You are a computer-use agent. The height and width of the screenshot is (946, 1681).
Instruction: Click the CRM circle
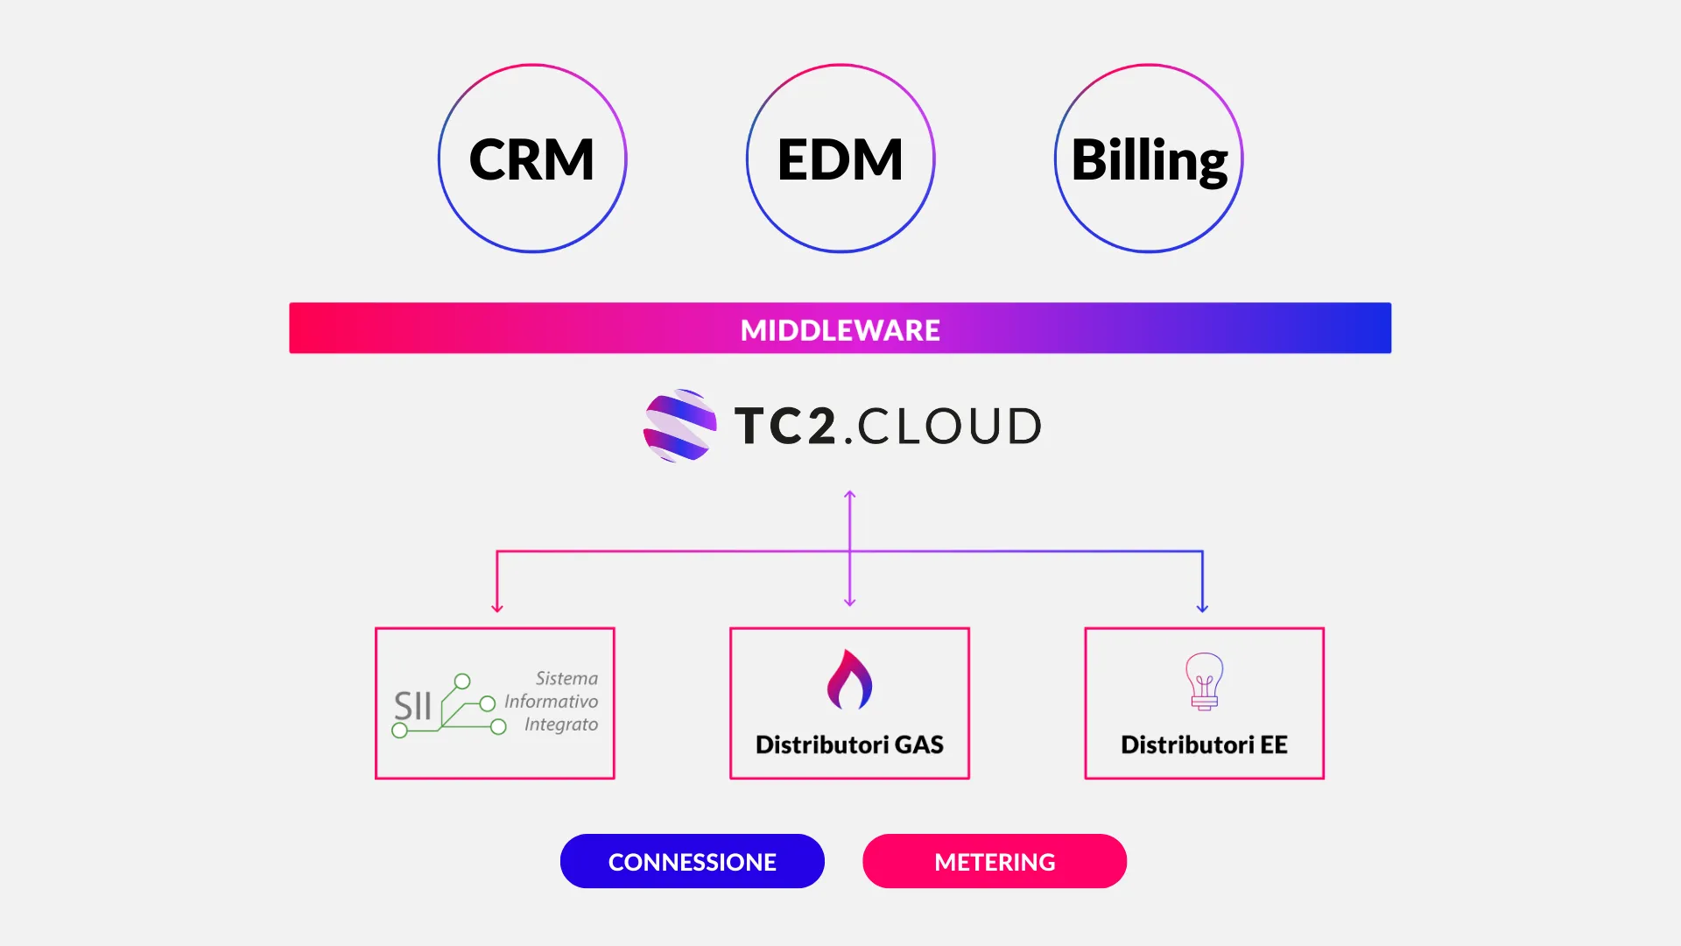[532, 159]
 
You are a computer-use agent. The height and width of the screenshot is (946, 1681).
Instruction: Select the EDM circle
[840, 159]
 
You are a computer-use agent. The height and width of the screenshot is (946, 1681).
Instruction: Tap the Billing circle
[1149, 159]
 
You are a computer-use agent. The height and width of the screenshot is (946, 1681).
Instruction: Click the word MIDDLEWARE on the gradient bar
[840, 330]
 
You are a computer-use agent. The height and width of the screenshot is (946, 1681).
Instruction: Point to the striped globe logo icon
[680, 426]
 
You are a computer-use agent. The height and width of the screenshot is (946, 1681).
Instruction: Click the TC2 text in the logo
[785, 427]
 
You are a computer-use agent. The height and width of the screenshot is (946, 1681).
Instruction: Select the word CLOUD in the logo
[950, 427]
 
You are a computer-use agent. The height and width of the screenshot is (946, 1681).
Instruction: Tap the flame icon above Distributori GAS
[849, 680]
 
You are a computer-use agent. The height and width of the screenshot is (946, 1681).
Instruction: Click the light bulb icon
[1204, 681]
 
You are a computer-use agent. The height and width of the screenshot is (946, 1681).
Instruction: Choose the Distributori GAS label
[849, 745]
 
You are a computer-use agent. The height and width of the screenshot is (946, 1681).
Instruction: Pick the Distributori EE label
[1204, 745]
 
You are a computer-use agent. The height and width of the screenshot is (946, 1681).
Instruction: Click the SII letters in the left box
[412, 706]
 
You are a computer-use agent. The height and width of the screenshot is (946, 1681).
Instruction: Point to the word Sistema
[566, 679]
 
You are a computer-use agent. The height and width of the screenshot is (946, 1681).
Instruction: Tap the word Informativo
[551, 702]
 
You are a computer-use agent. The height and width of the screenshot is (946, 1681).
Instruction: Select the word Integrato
[560, 724]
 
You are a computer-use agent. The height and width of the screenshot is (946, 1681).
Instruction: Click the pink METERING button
[995, 862]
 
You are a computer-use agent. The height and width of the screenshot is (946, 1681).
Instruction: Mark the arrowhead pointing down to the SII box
[497, 607]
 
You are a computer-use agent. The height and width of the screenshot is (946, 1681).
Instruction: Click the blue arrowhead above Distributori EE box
[1202, 607]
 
